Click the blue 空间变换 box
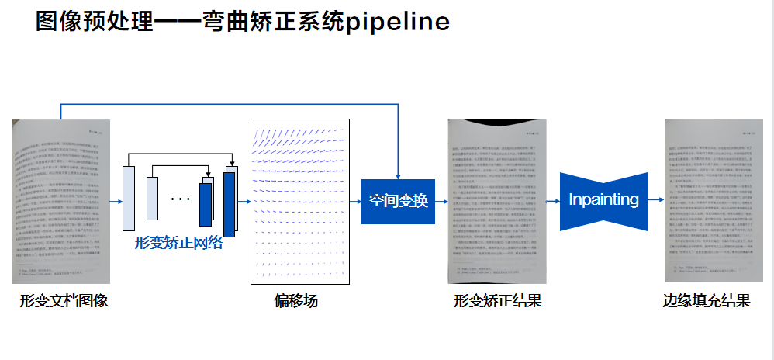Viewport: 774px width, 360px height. click(x=398, y=201)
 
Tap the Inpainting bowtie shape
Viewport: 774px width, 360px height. click(x=603, y=200)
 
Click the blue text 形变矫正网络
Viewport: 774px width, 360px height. click(x=178, y=243)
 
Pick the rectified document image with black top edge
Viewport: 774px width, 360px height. click(x=497, y=202)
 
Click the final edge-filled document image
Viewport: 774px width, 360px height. click(x=709, y=202)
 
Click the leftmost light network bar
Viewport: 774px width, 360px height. click(x=129, y=198)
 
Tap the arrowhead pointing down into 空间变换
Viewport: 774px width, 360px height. click(x=398, y=175)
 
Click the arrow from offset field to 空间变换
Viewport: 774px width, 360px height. click(x=356, y=201)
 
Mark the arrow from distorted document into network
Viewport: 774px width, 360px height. click(x=116, y=201)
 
